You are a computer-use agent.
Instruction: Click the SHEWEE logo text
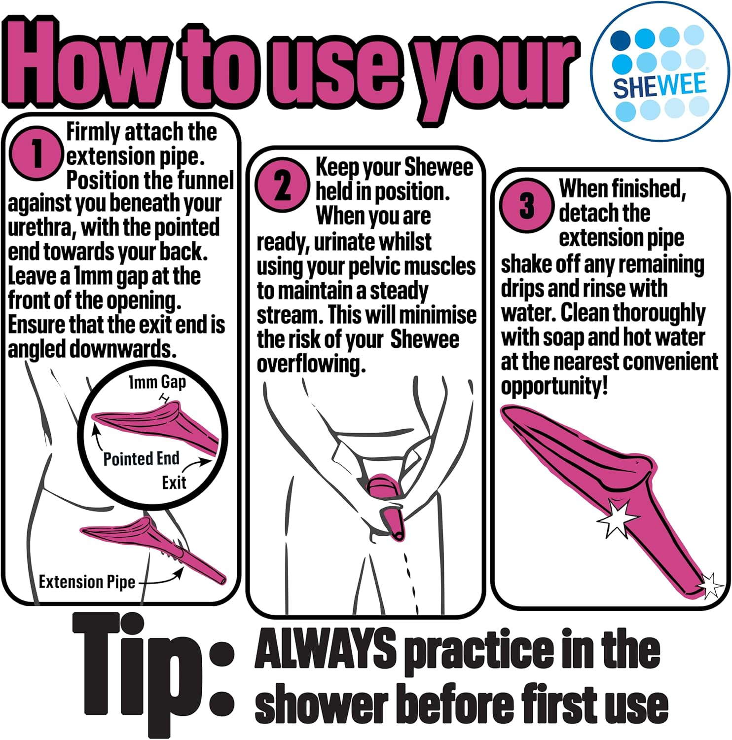click(x=660, y=85)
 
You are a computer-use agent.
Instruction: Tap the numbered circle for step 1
click(x=36, y=152)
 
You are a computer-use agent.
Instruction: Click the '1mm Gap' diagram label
click(x=157, y=382)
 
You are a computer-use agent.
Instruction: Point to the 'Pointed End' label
click(x=141, y=459)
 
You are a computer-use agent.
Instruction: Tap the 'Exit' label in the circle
click(x=174, y=482)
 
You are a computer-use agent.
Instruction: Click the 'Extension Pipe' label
click(x=87, y=582)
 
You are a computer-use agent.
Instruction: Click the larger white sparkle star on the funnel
click(x=617, y=518)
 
